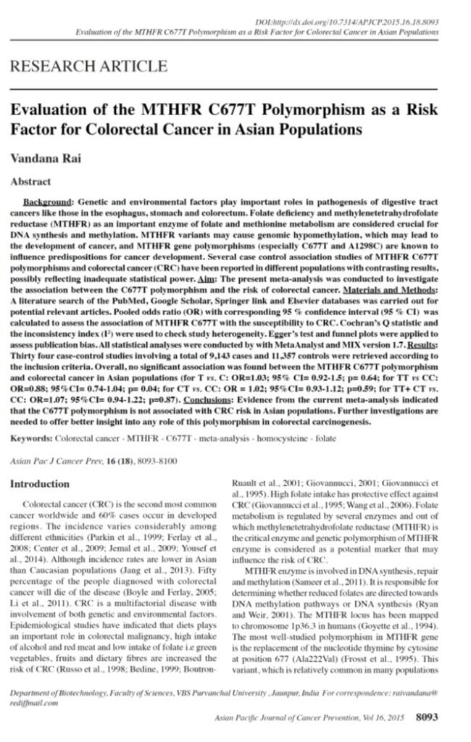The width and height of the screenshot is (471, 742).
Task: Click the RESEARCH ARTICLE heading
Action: (x=88, y=67)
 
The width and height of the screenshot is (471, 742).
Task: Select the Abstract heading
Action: (x=30, y=181)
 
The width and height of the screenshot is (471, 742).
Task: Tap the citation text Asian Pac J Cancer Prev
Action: (x=53, y=460)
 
